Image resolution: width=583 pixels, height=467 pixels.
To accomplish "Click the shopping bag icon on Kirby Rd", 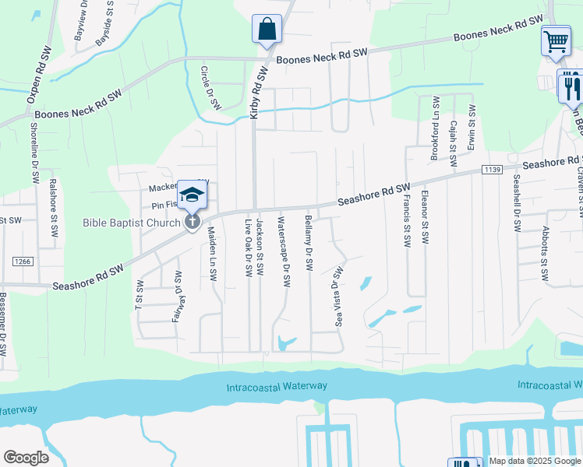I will (x=267, y=30).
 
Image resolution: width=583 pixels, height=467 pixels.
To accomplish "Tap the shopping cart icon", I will (x=555, y=40).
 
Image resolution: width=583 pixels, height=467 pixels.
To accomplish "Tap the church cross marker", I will (x=192, y=222).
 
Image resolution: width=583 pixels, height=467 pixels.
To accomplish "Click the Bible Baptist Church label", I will (x=131, y=223).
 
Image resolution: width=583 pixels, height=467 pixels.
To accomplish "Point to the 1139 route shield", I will (x=493, y=169).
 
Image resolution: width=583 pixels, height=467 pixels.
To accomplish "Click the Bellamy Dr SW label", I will (x=309, y=244).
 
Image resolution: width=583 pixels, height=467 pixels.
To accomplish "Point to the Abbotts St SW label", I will (x=544, y=257).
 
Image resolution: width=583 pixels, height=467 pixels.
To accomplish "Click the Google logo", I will (x=26, y=458).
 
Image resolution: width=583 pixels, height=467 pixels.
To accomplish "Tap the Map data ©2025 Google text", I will (x=535, y=461).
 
